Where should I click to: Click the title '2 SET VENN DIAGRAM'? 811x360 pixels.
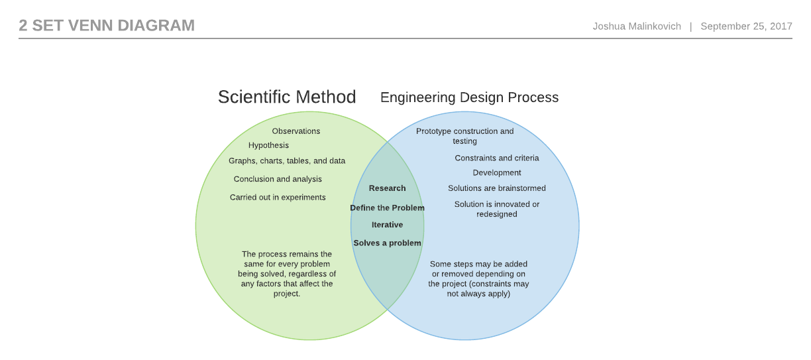coord(107,25)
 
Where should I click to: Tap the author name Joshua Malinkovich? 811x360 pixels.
coord(637,26)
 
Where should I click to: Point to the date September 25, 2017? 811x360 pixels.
coord(746,26)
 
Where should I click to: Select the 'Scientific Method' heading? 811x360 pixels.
coord(287,97)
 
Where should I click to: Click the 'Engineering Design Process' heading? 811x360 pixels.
coord(469,97)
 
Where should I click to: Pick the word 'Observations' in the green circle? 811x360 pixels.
coord(296,131)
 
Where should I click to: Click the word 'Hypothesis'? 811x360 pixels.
coord(268,145)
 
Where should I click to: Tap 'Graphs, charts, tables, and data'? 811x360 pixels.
coord(287,161)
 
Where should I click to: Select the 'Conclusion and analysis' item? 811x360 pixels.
coord(278,179)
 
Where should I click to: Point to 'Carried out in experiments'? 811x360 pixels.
coord(278,197)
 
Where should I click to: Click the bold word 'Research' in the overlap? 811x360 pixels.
coord(387,188)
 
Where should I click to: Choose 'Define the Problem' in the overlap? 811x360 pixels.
coord(387,208)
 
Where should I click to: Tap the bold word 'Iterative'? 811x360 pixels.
coord(387,225)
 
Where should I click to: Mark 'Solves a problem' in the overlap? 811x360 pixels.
coord(387,243)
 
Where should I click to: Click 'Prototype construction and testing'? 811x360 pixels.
coord(464,136)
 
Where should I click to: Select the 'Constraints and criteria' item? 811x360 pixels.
coord(496,158)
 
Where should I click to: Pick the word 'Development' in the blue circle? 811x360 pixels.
coord(496,173)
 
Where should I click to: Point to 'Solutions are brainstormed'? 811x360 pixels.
coord(496,188)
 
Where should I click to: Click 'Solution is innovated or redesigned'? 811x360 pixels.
coord(496,209)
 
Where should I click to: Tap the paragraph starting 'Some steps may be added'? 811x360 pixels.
coord(478,278)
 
